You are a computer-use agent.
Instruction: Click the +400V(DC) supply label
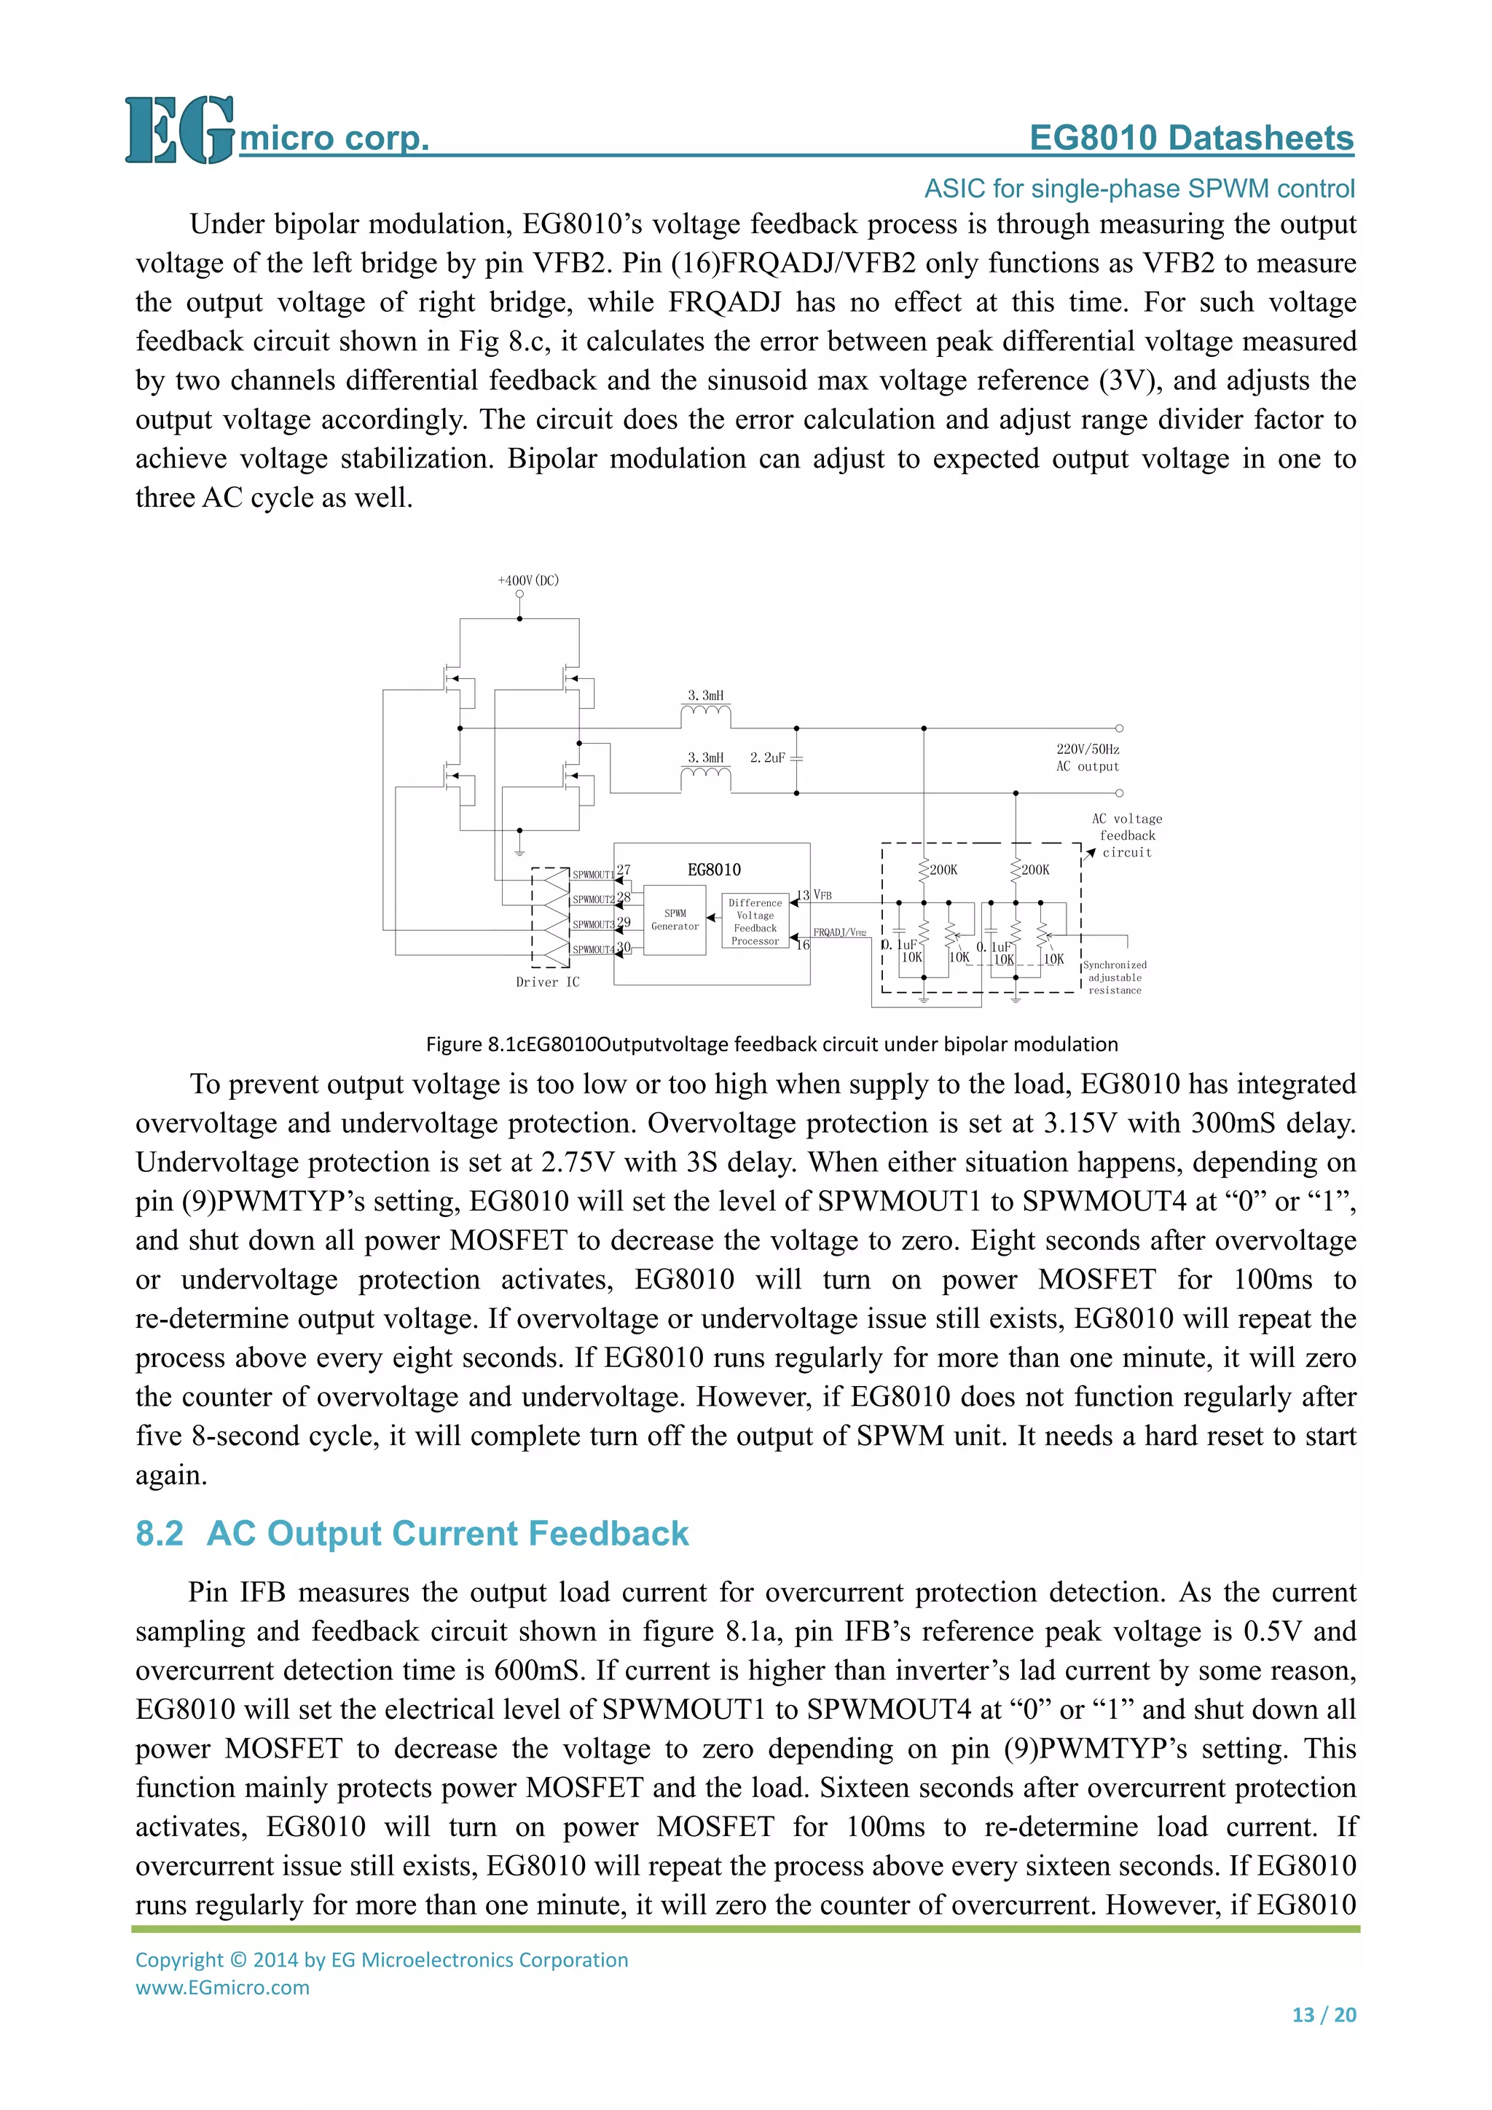click(527, 580)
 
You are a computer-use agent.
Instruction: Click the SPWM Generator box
click(675, 920)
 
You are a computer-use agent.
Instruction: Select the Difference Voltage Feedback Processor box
click(755, 922)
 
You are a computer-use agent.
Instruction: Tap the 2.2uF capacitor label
click(766, 758)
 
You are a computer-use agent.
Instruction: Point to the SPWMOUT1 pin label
click(593, 875)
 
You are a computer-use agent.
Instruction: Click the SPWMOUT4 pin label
click(593, 949)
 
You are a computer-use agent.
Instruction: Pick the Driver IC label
click(548, 983)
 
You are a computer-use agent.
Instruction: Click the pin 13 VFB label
click(814, 895)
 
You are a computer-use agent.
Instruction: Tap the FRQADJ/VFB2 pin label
click(839, 933)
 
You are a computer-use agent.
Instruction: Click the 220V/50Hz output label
click(1088, 758)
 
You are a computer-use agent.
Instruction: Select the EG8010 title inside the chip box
click(714, 870)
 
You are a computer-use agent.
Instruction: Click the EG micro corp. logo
click(276, 131)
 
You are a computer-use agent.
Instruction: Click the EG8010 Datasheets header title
click(1190, 138)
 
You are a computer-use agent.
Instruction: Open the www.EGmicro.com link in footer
click(222, 1988)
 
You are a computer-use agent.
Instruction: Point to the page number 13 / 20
click(1324, 2015)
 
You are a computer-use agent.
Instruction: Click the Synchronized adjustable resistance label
click(1114, 978)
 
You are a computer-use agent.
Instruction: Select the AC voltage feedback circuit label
click(1127, 835)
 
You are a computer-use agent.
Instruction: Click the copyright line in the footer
click(382, 1959)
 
